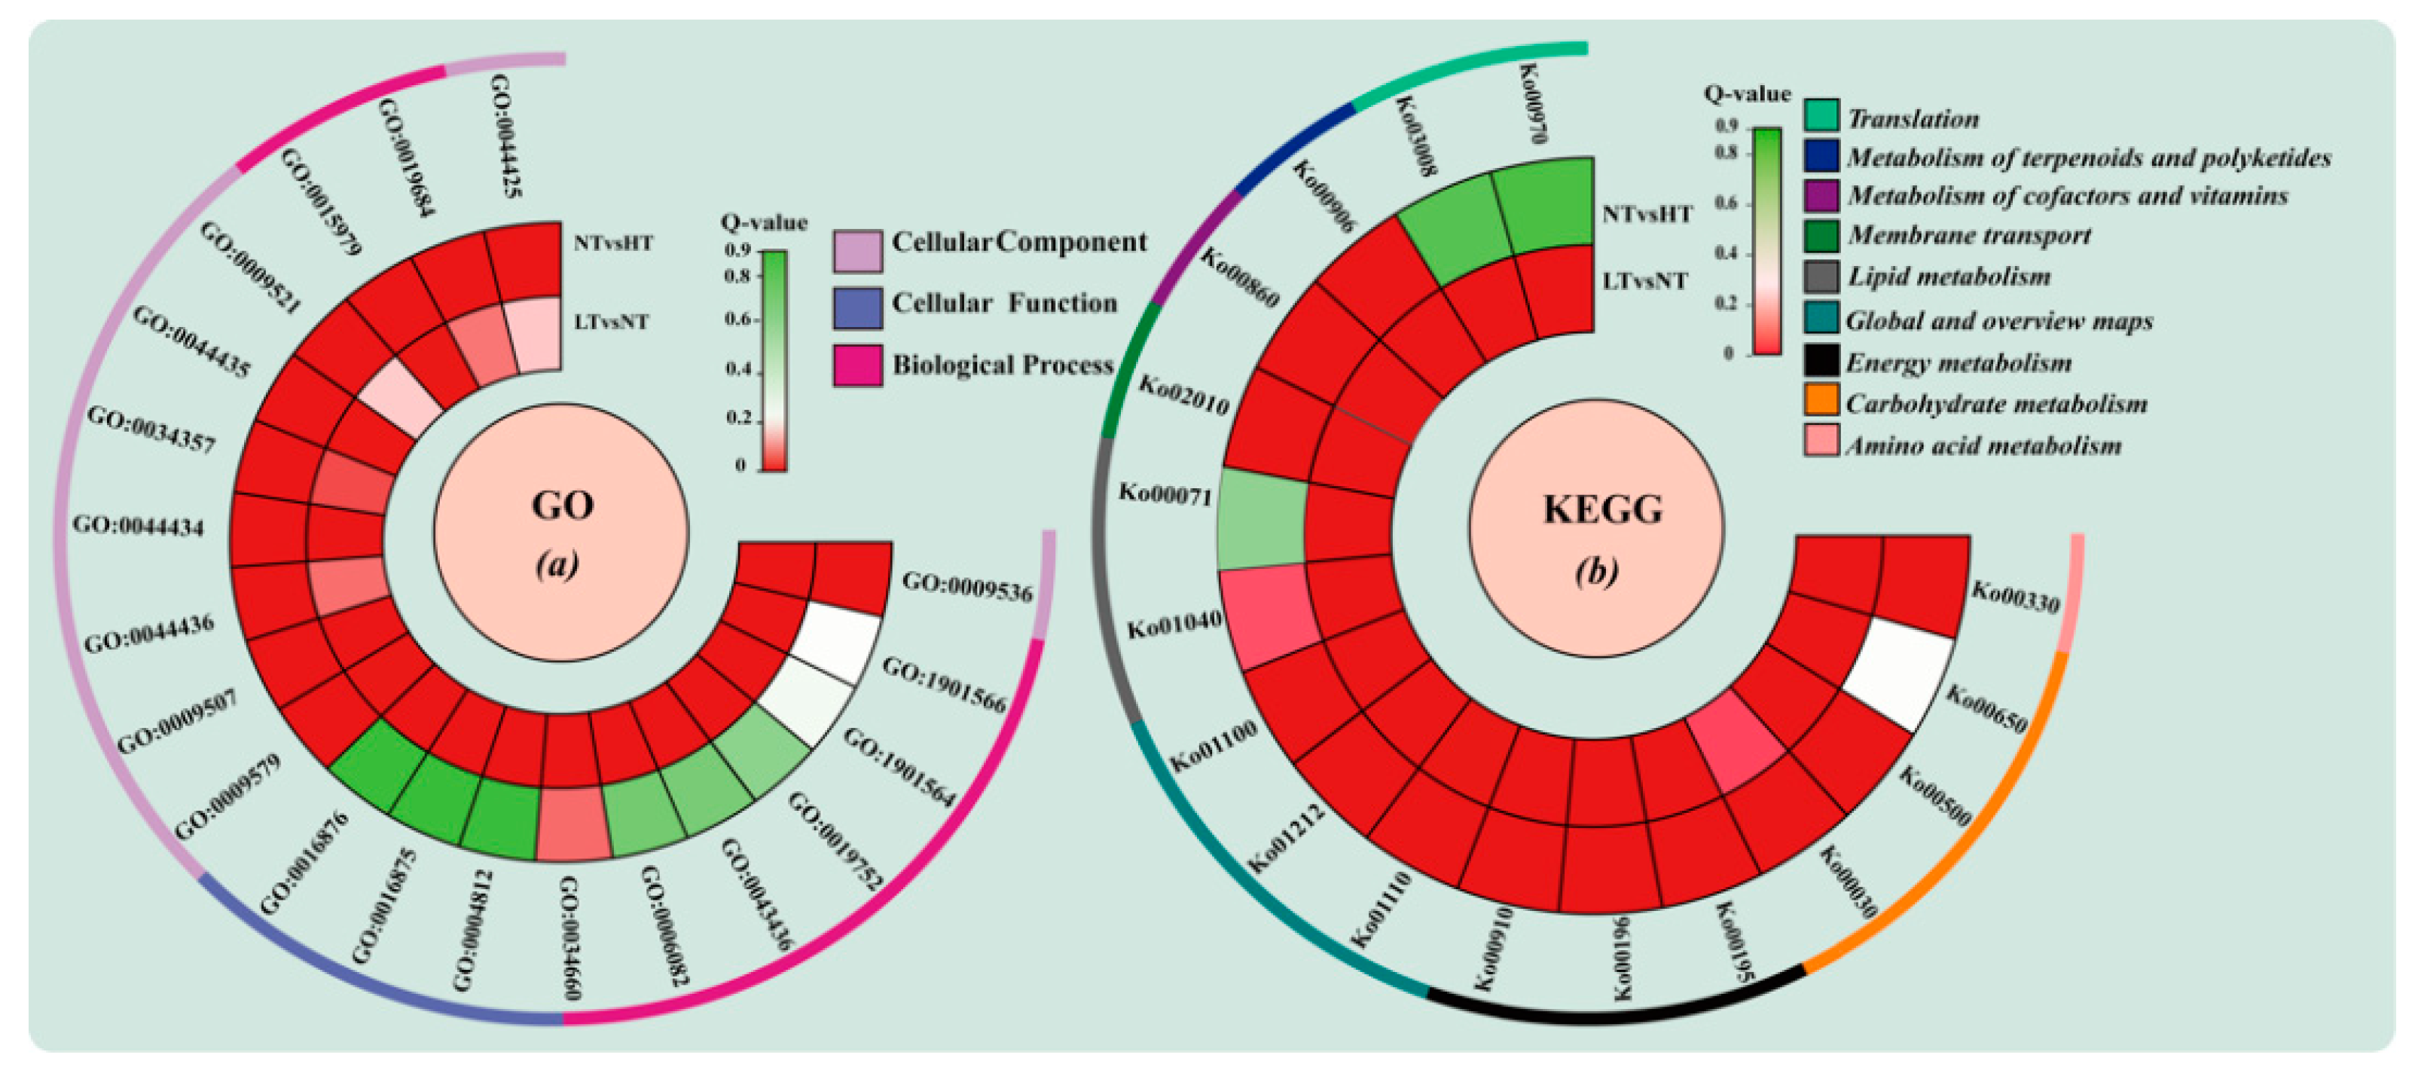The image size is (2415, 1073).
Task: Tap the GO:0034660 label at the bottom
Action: pos(569,938)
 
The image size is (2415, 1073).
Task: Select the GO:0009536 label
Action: pos(966,587)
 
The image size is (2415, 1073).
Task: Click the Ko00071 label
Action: pos(1165,494)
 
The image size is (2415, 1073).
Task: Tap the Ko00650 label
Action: pos(1986,709)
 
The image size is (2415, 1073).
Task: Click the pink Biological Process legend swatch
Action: pos(857,365)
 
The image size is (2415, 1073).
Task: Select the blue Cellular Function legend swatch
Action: pos(857,307)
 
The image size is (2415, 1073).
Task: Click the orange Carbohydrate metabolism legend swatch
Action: pos(1821,401)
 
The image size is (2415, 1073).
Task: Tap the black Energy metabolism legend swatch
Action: pos(1821,360)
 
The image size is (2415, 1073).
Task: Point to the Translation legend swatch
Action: pos(1821,115)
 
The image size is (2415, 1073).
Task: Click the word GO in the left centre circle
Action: pos(563,506)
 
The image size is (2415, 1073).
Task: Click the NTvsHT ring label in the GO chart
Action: pos(613,243)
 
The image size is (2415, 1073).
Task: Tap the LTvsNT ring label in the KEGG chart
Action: pos(1644,281)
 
